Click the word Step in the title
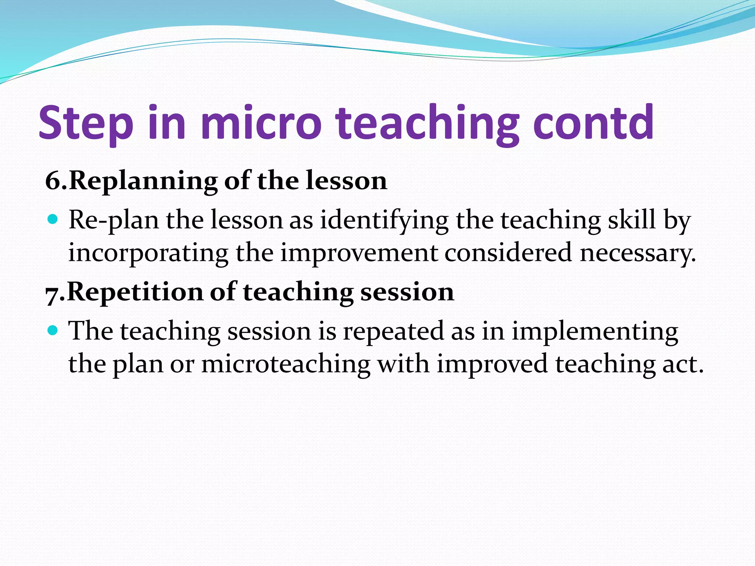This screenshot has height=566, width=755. [x=86, y=123]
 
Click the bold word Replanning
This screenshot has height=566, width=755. [x=143, y=181]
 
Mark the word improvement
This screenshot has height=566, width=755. [x=359, y=253]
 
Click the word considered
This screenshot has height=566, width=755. [x=508, y=253]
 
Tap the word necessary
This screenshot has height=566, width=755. [x=637, y=254]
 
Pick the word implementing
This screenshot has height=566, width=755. [x=595, y=331]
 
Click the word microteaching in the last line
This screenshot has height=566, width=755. [x=286, y=364]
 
